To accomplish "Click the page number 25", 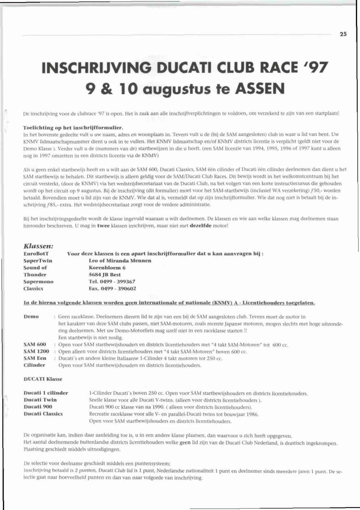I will pos(343,34).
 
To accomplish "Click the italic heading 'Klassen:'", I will pos(38,246).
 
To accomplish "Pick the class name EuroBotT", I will pos(36,254).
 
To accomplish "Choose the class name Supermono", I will pos(38,282).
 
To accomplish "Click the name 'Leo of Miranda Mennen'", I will pos(120,261).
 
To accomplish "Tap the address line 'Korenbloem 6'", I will pos(107,268).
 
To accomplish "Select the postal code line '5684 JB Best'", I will pos(105,274).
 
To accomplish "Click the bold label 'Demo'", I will pos(31,316).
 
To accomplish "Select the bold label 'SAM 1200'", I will pos(36,351).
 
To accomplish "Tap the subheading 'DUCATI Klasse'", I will pos(43,379).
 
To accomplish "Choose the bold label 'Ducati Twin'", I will pos(40,400).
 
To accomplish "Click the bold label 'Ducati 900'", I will pos(38,407).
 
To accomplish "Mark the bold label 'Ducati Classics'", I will pos(43,414).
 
